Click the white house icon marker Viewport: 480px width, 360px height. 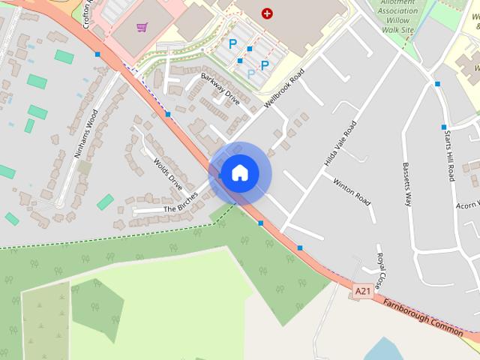239,173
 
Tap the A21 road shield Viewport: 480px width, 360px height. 363,291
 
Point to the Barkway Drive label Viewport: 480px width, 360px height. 220,89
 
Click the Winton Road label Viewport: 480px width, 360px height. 352,191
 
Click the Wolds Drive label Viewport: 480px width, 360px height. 168,173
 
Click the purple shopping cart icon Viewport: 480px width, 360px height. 142,28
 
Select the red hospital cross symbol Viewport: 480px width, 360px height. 267,13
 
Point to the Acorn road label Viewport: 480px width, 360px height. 466,204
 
